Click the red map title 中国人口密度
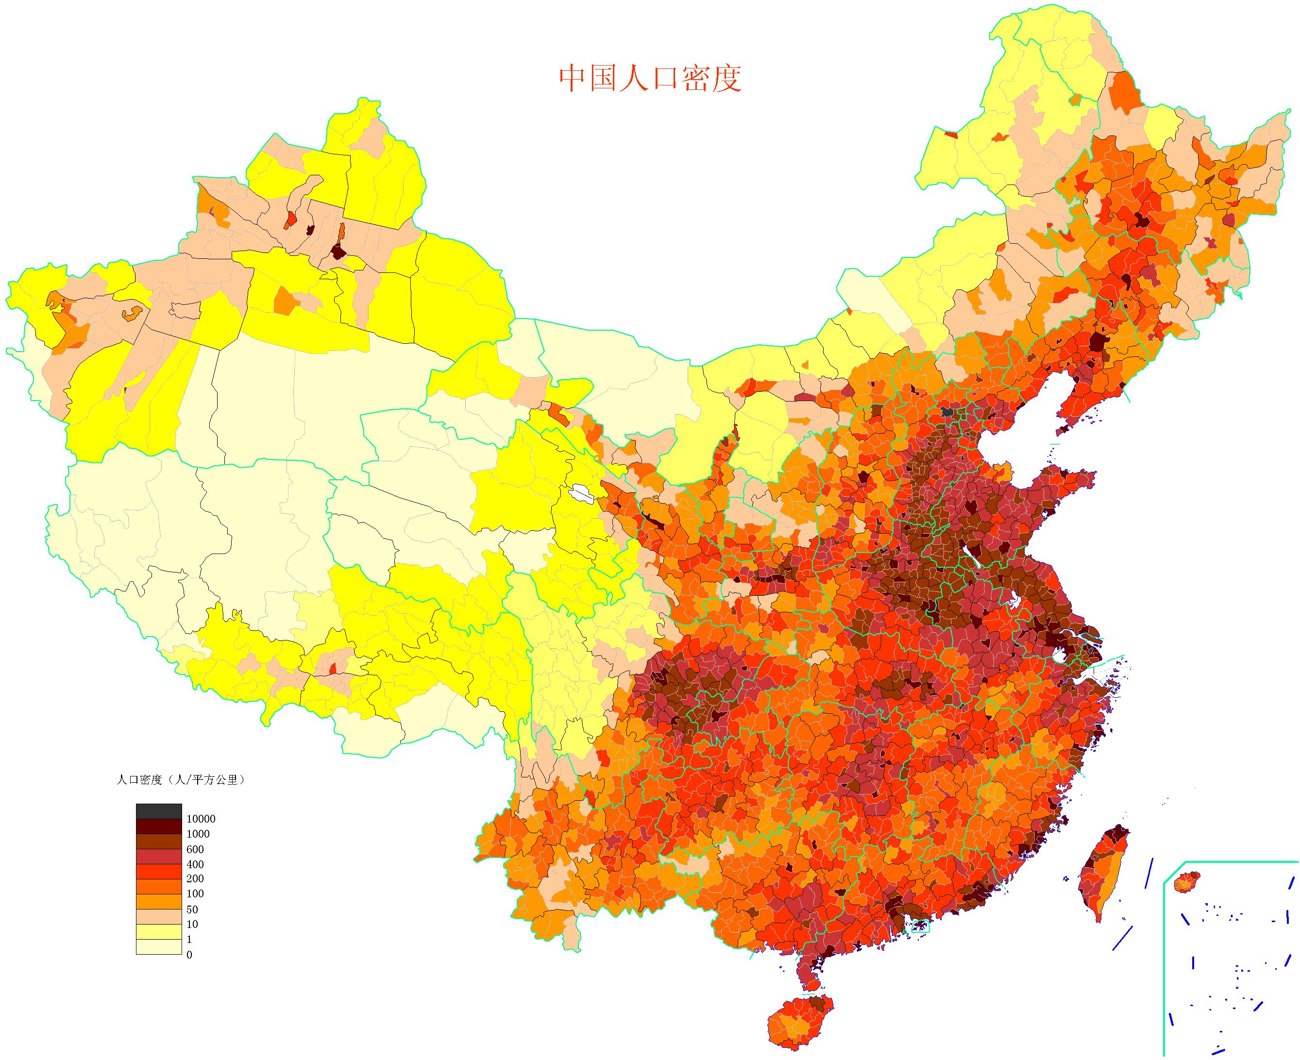pyautogui.click(x=650, y=79)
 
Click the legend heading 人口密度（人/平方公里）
pyautogui.click(x=180, y=780)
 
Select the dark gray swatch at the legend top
pyautogui.click(x=158, y=811)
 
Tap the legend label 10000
pyautogui.click(x=201, y=819)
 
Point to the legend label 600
pyautogui.click(x=195, y=849)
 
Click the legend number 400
pyautogui.click(x=195, y=864)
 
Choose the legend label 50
pyautogui.click(x=192, y=909)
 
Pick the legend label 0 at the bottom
pyautogui.click(x=189, y=954)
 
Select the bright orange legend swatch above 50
pyautogui.click(x=158, y=901)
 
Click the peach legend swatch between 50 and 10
pyautogui.click(x=158, y=916)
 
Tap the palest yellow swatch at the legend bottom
pyautogui.click(x=158, y=947)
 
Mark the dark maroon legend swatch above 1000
pyautogui.click(x=158, y=826)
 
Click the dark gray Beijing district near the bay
pyautogui.click(x=947, y=412)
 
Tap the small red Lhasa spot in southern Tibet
pyautogui.click(x=333, y=669)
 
